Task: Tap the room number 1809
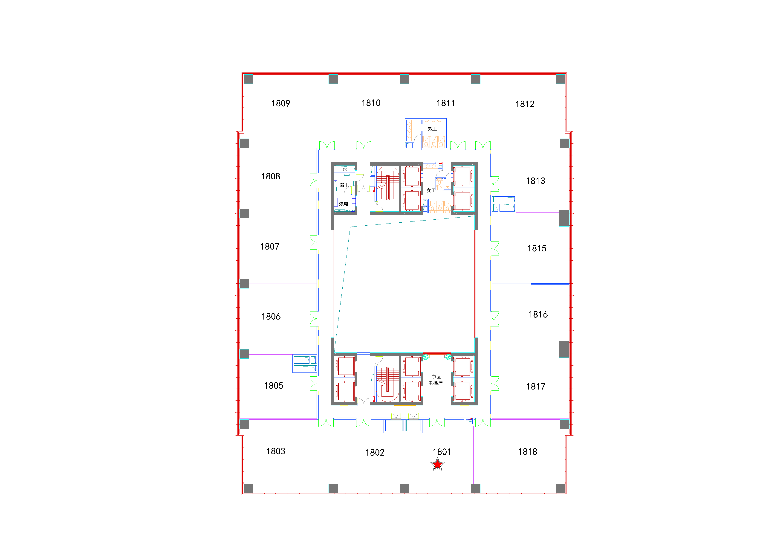[281, 103]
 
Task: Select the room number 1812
[525, 104]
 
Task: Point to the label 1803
[275, 451]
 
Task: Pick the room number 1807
[270, 247]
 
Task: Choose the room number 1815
[537, 249]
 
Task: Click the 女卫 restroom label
[431, 190]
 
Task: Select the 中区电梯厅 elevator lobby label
[436, 380]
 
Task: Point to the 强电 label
[344, 204]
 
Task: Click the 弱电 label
[344, 185]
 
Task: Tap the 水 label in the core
[345, 169]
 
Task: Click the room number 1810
[371, 103]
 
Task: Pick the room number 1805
[274, 386]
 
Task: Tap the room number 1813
[535, 181]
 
